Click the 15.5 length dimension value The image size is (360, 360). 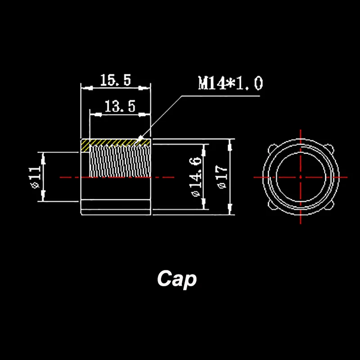(x=115, y=81)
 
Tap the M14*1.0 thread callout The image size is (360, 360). (x=230, y=83)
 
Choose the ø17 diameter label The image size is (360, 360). (x=221, y=177)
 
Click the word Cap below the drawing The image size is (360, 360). (x=177, y=279)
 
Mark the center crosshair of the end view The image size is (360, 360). (x=300, y=177)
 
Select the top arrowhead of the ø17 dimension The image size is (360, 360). (x=230, y=144)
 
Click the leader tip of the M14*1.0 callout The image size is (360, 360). (x=140, y=138)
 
